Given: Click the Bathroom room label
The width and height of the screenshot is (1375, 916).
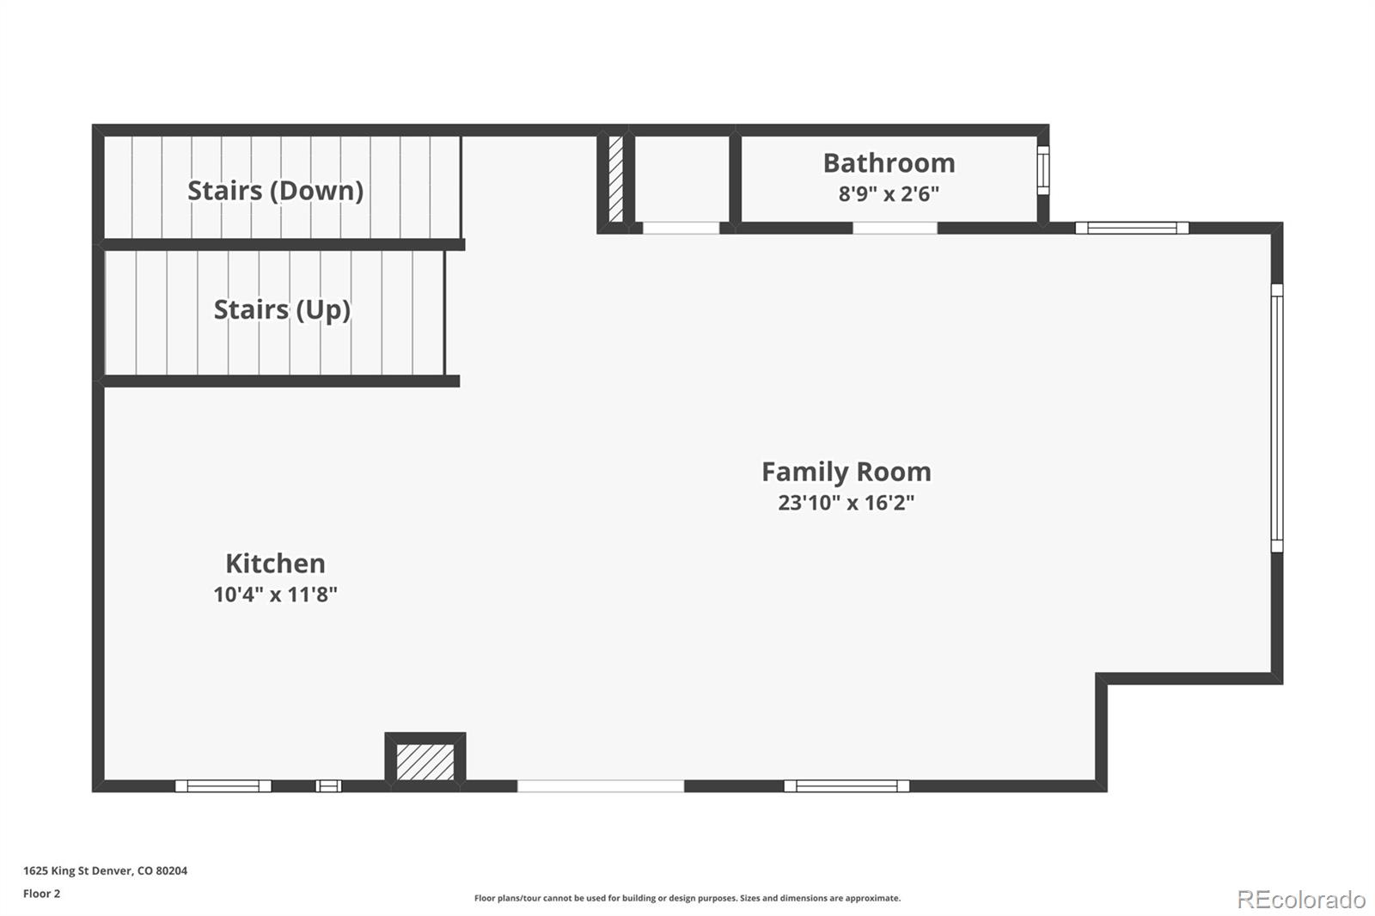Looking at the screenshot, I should [x=889, y=163].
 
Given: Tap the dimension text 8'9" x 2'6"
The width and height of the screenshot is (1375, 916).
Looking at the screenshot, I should [x=889, y=194].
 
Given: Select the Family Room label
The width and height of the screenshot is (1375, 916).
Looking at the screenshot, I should [x=846, y=472].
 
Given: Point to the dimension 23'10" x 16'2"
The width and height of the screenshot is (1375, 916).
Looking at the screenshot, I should [x=846, y=503].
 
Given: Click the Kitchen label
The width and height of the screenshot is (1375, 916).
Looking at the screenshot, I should [x=275, y=564].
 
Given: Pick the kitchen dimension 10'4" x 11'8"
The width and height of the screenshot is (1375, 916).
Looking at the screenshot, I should [x=275, y=595].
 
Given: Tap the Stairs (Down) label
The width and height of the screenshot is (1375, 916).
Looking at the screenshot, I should [x=275, y=191].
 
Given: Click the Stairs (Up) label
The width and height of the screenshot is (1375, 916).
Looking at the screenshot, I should [x=282, y=309].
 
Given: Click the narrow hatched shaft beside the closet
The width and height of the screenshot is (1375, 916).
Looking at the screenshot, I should [x=615, y=178].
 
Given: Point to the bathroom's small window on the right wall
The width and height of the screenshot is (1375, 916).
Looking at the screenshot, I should [x=1042, y=170].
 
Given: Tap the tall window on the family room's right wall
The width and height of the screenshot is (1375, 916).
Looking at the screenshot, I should [x=1276, y=418].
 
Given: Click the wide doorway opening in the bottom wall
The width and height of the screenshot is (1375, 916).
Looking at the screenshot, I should [x=600, y=785].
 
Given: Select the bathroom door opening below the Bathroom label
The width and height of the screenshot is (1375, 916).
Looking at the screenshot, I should [x=895, y=228].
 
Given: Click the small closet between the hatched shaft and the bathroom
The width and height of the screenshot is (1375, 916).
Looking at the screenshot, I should [x=681, y=178].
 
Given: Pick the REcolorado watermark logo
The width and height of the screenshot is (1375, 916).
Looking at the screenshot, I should [x=1300, y=900].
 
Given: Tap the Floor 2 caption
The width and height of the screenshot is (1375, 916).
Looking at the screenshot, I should [x=41, y=894].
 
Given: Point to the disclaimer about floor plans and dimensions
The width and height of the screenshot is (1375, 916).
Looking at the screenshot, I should [x=687, y=898].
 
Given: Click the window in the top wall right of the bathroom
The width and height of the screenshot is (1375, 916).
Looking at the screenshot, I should [x=1132, y=228].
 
